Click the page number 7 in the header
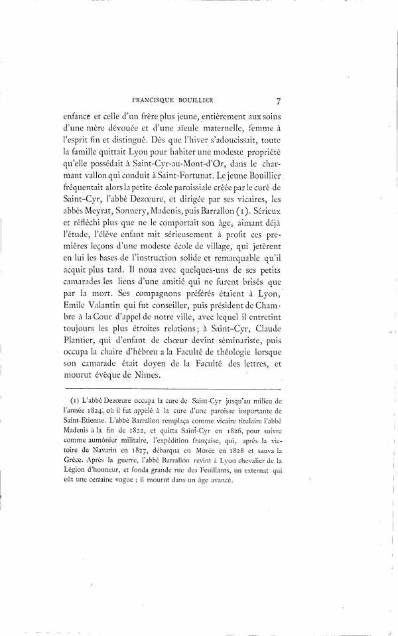[279, 101]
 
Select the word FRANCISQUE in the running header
[157, 101]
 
